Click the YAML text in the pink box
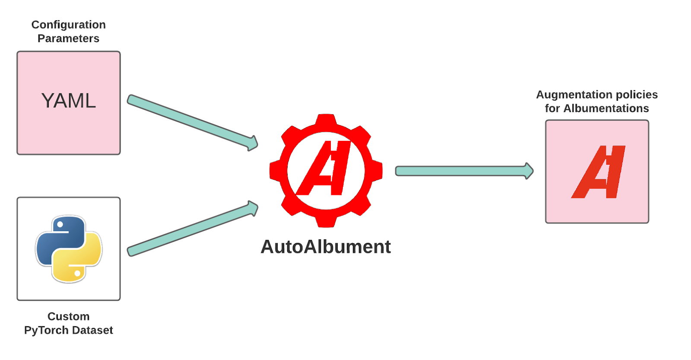(x=69, y=101)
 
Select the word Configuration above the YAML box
(x=69, y=25)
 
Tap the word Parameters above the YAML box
(x=69, y=38)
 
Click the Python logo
(x=69, y=249)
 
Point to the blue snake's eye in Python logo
(x=60, y=224)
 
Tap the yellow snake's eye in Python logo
(x=77, y=273)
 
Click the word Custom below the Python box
(x=69, y=316)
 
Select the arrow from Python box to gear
(x=193, y=229)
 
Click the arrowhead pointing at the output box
(x=529, y=171)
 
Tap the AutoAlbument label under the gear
(x=326, y=247)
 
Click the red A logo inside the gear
(x=323, y=168)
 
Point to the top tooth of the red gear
(x=326, y=121)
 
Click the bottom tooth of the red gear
(x=326, y=221)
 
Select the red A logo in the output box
(x=598, y=172)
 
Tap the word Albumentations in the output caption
(x=606, y=108)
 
